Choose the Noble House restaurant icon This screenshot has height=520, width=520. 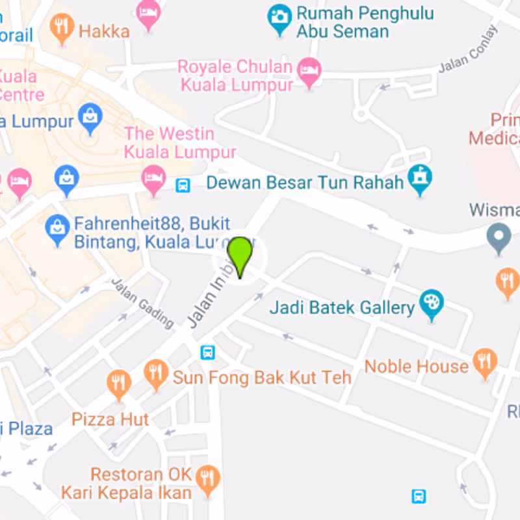(485, 363)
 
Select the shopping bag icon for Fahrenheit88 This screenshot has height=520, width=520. (58, 229)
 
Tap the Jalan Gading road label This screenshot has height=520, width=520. (143, 303)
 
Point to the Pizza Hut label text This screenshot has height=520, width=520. (110, 419)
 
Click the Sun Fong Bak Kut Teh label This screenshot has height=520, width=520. (262, 377)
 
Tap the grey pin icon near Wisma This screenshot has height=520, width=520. (499, 238)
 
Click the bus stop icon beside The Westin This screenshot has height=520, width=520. (183, 185)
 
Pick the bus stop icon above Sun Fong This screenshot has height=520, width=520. (208, 352)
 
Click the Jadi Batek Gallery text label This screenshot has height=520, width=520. (342, 307)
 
